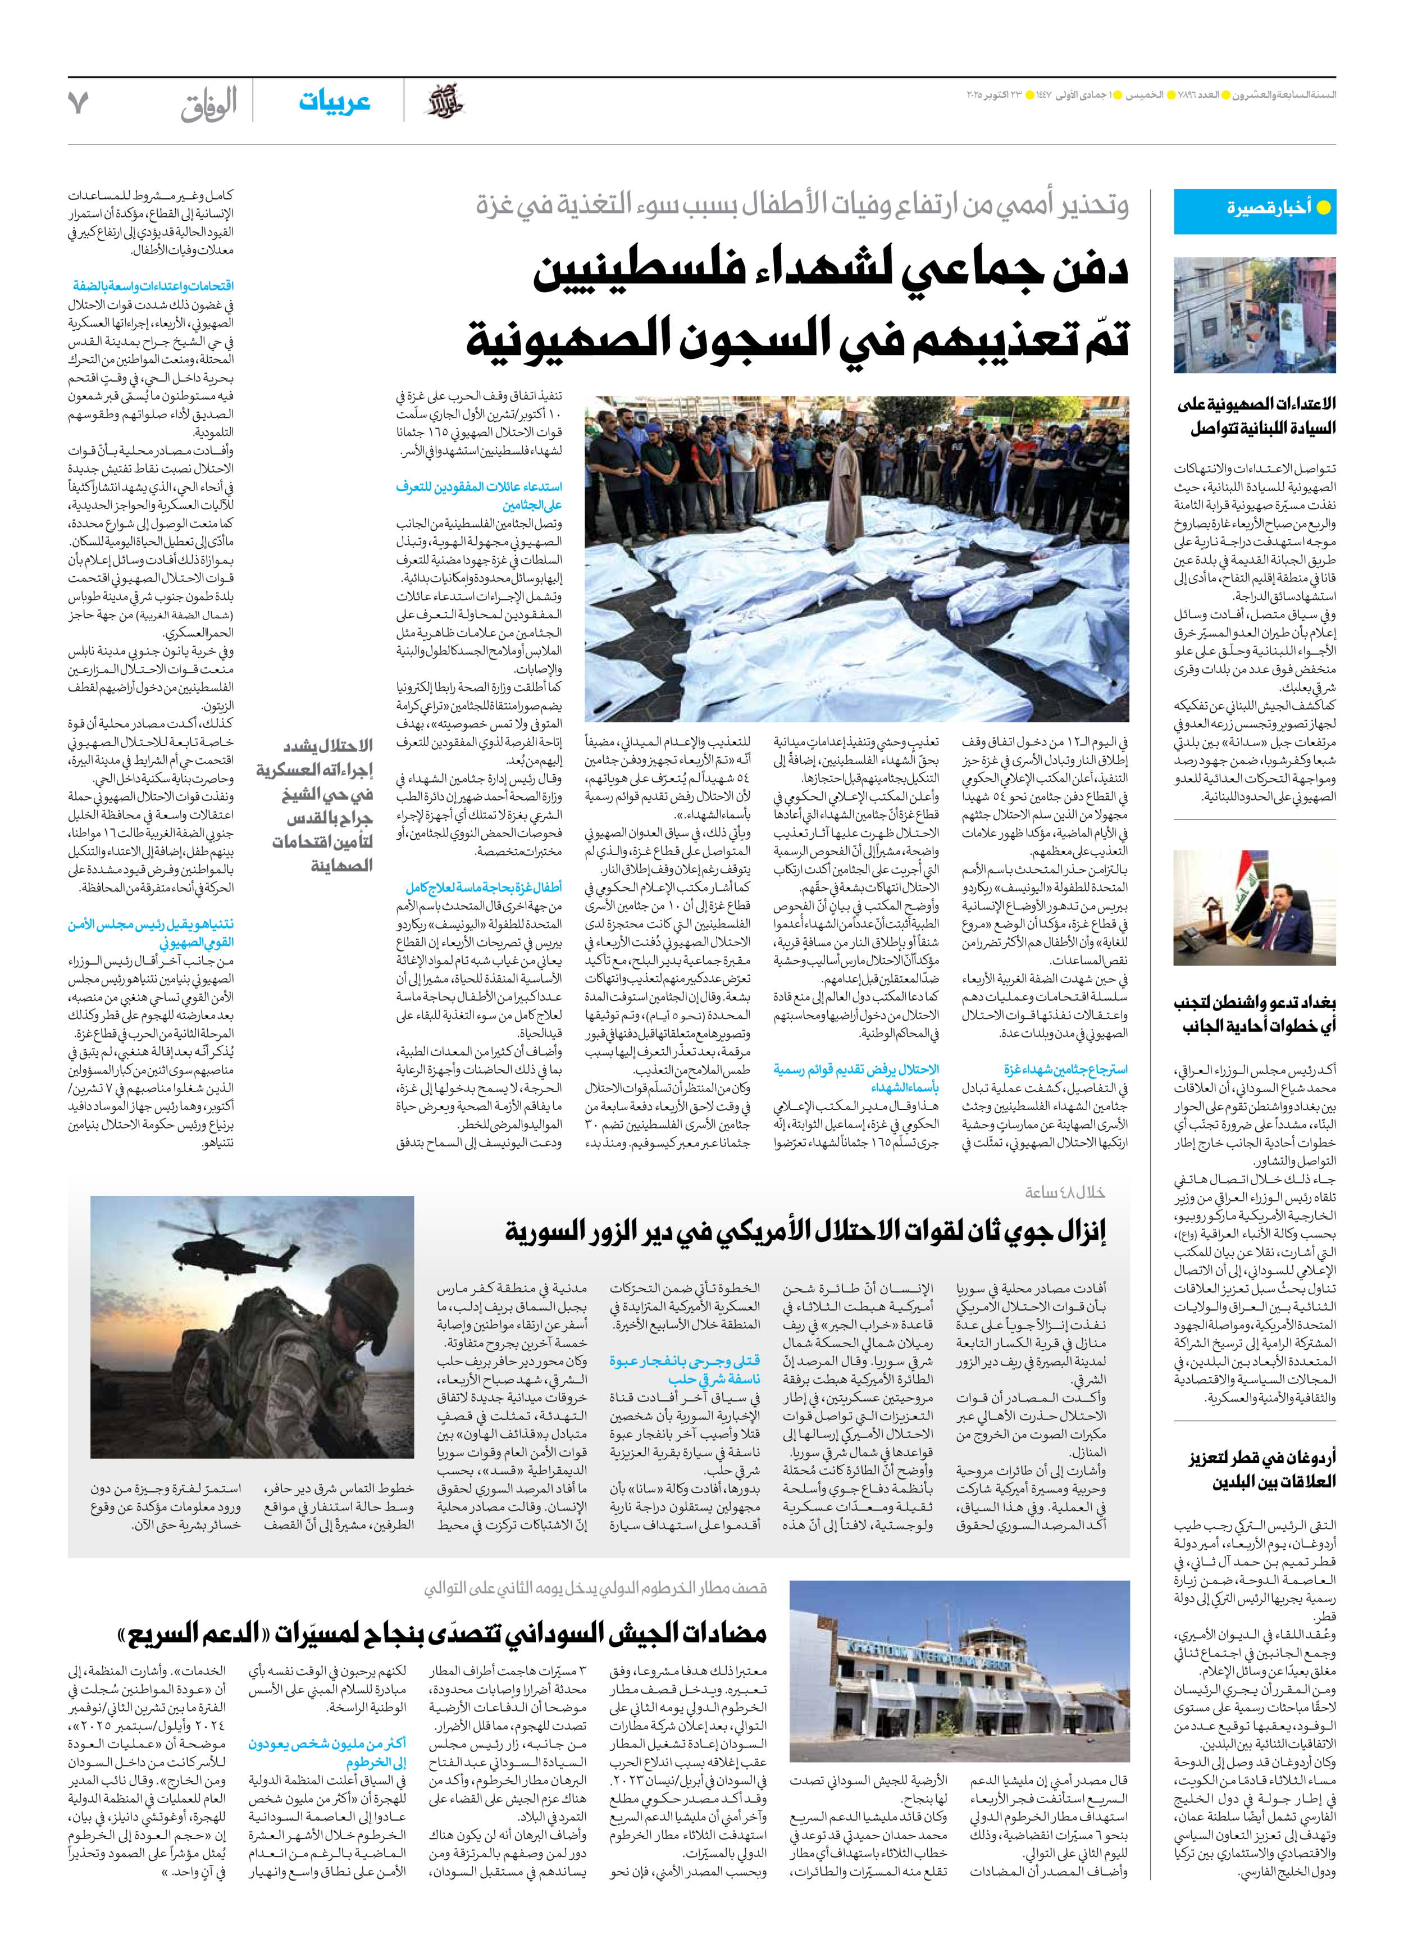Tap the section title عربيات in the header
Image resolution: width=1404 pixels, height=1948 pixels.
coord(334,102)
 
